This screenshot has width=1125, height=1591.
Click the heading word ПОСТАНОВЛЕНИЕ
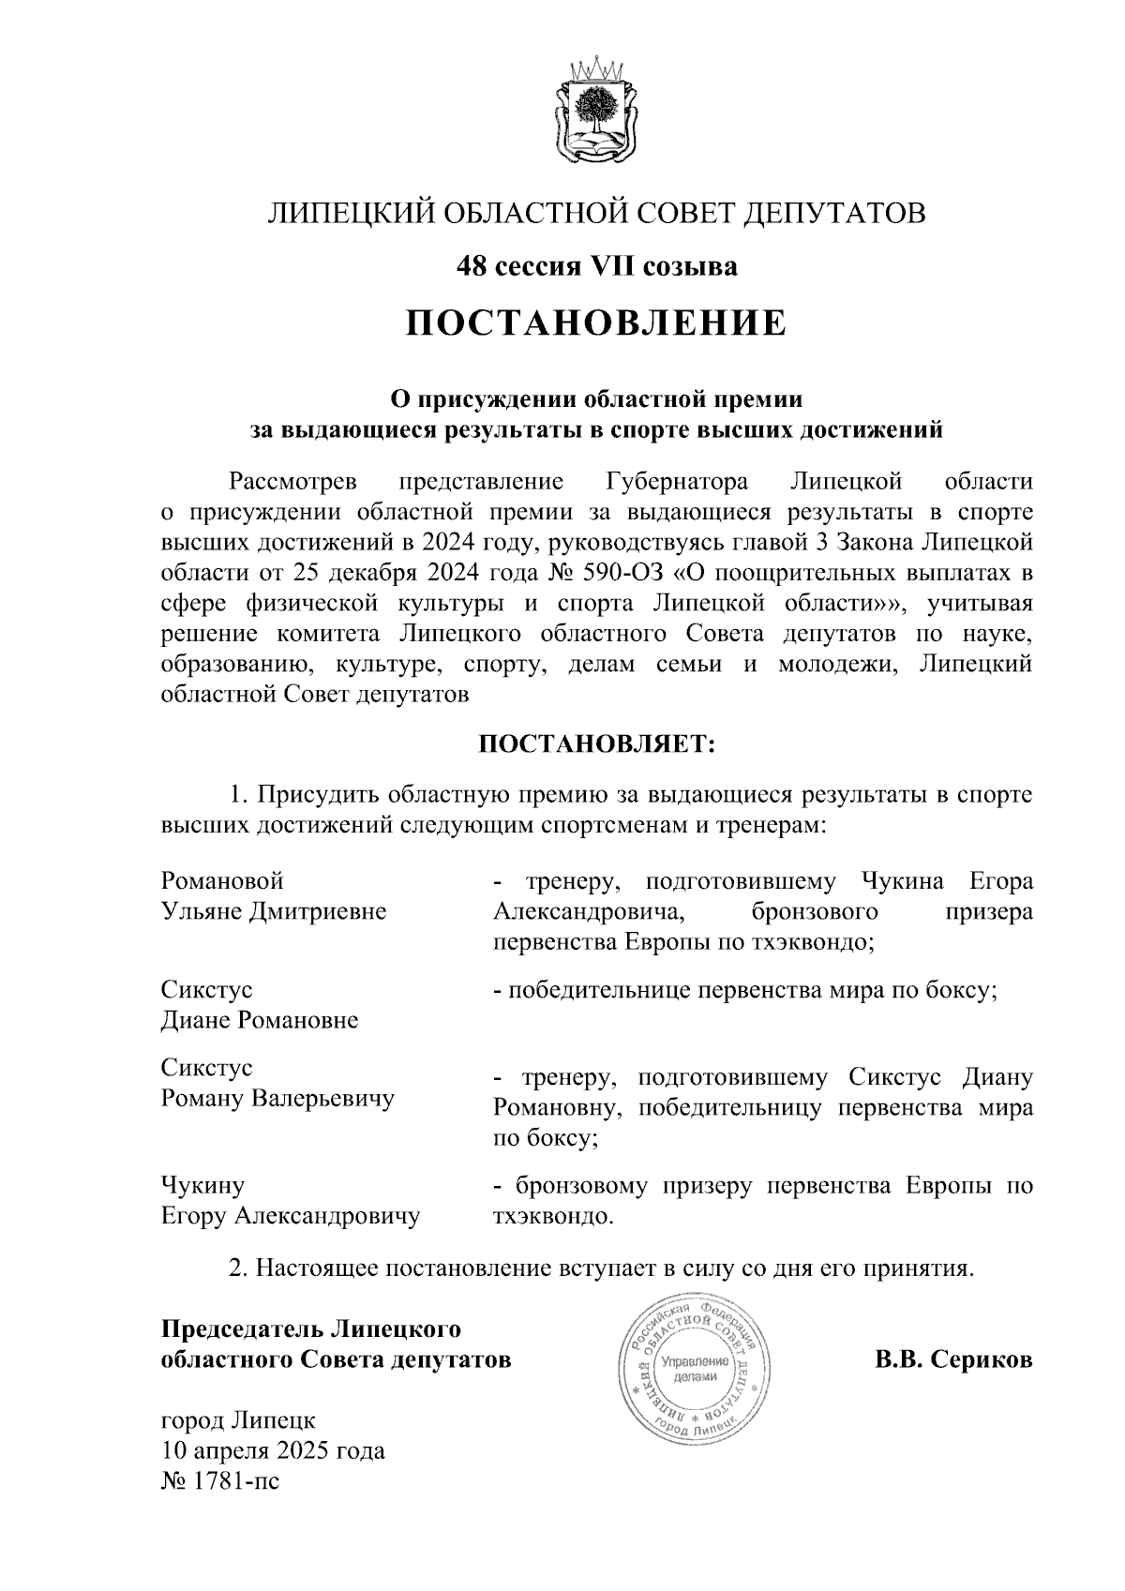click(x=596, y=323)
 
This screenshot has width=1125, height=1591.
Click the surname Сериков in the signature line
click(x=981, y=1359)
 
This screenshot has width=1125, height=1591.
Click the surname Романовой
click(x=222, y=881)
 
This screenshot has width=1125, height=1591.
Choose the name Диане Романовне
click(x=260, y=1020)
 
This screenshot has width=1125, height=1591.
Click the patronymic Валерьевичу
click(x=321, y=1099)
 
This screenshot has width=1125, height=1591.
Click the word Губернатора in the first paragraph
click(x=671, y=482)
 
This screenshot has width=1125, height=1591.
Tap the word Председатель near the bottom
click(x=239, y=1328)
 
